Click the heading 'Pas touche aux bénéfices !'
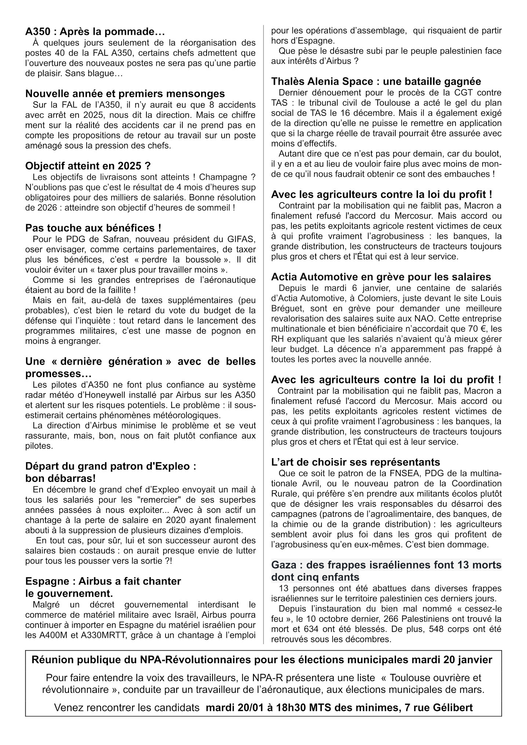(x=93, y=228)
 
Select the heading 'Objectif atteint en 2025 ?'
(x=88, y=166)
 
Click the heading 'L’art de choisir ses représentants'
(x=355, y=462)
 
